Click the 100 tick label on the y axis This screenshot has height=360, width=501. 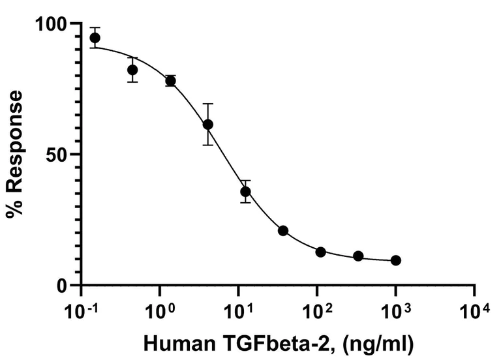pyautogui.click(x=53, y=24)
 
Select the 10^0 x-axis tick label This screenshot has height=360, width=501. pyautogui.click(x=160, y=310)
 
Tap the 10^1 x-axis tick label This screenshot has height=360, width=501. pyautogui.click(x=238, y=310)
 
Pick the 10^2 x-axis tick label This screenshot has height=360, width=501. pyautogui.click(x=317, y=310)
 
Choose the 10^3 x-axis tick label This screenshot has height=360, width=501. pyautogui.click(x=395, y=310)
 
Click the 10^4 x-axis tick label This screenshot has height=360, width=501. pyautogui.click(x=474, y=310)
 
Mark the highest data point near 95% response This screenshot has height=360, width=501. pyautogui.click(x=95, y=38)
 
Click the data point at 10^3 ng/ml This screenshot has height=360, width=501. pyautogui.click(x=395, y=260)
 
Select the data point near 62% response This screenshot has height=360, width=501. pyautogui.click(x=208, y=125)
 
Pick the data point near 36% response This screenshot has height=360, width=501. pyautogui.click(x=245, y=192)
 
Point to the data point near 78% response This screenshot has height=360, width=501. pyautogui.click(x=170, y=81)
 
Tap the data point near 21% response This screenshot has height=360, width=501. pyautogui.click(x=283, y=231)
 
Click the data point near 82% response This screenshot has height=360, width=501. pyautogui.click(x=132, y=70)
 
